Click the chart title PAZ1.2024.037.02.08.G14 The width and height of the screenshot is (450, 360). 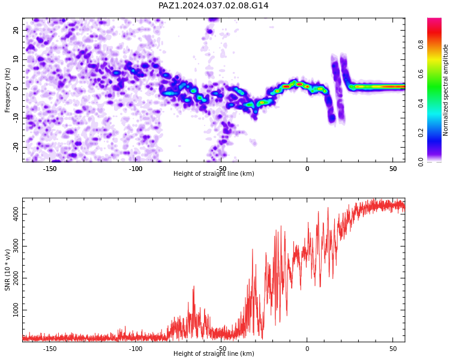pos(214,5)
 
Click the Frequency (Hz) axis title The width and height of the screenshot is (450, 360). pos(7,90)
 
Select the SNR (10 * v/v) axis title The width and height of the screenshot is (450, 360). pos(7,270)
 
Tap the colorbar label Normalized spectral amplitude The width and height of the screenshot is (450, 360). pos(445,90)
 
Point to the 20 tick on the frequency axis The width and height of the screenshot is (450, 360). pos(16,30)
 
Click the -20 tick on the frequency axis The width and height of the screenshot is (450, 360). pos(16,147)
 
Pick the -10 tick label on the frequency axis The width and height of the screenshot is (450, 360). pos(16,118)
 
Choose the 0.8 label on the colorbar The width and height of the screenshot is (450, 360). pos(421,44)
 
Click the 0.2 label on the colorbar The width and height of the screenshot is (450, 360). pos(421,133)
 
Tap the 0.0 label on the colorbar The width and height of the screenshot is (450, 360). pos(421,162)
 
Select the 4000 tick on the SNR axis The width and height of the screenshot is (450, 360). pos(16,214)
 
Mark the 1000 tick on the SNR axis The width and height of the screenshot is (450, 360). pos(16,310)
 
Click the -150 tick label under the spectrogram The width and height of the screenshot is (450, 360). pos(50,169)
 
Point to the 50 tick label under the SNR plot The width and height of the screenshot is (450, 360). pos(393,349)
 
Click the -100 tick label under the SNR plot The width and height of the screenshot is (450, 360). pos(136,349)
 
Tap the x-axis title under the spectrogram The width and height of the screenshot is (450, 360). pos(214,173)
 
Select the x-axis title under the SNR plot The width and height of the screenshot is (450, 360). pos(214,353)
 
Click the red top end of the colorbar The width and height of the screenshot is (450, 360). pos(434,20)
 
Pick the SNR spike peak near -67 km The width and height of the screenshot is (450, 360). pos(194,286)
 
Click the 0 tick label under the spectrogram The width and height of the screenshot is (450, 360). pos(307,169)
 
